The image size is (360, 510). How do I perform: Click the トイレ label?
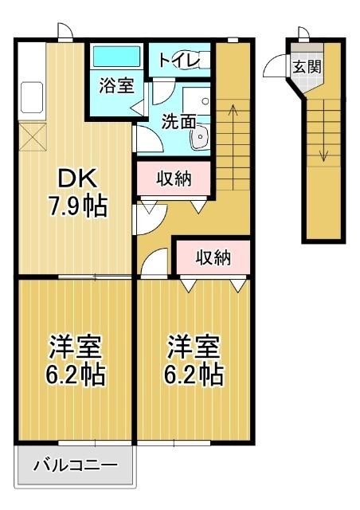tap(182, 61)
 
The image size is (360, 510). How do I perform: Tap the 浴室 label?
tap(116, 86)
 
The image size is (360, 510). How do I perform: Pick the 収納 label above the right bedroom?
tap(213, 257)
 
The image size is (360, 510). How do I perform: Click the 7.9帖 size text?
tap(76, 208)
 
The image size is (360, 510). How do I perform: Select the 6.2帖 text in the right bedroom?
tap(194, 374)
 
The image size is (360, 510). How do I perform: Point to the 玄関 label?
tap(307, 66)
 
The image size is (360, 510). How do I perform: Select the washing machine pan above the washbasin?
tap(196, 100)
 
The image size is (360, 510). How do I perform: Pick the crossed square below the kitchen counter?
tap(31, 136)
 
